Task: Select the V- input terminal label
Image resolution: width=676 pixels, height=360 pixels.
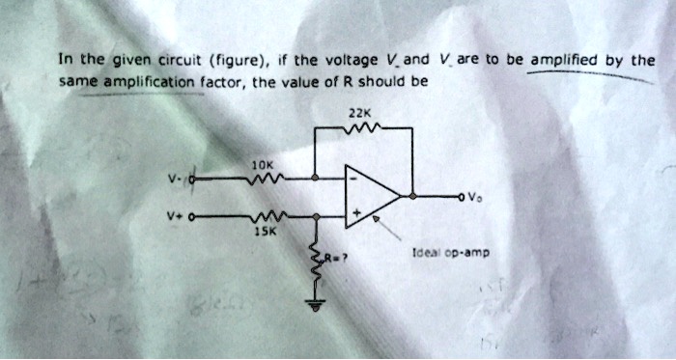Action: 171,179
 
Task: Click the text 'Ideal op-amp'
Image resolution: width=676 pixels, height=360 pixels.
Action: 451,254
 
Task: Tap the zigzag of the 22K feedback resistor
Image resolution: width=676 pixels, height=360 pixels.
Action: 366,126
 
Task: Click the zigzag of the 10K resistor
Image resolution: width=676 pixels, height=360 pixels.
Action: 267,178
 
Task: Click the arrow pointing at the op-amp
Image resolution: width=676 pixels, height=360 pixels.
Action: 390,228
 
